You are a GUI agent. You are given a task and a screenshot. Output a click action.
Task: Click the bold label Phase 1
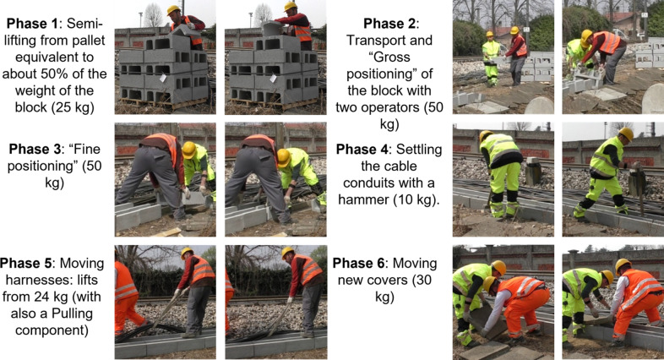(x=32, y=24)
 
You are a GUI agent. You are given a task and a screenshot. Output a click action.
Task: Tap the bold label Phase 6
(x=358, y=263)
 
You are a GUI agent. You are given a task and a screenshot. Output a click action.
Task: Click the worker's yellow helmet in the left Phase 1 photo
(x=173, y=9)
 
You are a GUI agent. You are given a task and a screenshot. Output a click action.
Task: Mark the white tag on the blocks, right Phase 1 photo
(x=273, y=78)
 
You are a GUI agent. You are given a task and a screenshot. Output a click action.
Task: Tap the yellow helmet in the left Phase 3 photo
(x=189, y=150)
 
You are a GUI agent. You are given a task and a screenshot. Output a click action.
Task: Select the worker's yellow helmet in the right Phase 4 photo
(x=626, y=134)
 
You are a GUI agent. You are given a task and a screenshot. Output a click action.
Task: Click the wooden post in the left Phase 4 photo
(x=533, y=170)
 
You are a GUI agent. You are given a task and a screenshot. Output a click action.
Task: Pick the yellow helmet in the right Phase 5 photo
(x=287, y=252)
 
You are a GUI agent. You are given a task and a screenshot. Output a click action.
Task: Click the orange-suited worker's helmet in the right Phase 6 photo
(x=623, y=265)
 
